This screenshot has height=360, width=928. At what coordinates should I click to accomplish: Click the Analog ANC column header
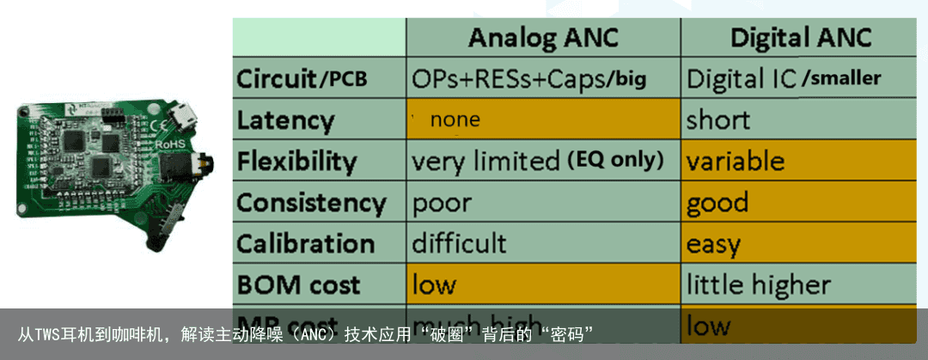543,38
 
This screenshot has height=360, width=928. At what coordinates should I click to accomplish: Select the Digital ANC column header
801,38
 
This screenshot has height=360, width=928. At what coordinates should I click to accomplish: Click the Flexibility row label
296,161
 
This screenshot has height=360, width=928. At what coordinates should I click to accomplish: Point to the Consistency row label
311,203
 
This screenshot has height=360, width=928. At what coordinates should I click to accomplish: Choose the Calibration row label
305,243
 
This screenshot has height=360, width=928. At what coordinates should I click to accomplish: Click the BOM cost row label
298,284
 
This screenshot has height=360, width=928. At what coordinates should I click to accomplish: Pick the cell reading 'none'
455,120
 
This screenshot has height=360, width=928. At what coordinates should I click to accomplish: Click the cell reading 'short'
717,120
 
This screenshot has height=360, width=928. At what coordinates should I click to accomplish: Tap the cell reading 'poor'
442,203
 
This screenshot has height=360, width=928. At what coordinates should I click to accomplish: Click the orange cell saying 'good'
717,203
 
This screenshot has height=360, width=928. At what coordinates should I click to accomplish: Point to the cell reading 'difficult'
459,243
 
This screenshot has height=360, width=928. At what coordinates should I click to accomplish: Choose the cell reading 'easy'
713,245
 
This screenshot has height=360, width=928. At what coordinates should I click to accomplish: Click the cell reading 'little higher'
758,284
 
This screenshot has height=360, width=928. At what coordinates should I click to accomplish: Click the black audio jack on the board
204,164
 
